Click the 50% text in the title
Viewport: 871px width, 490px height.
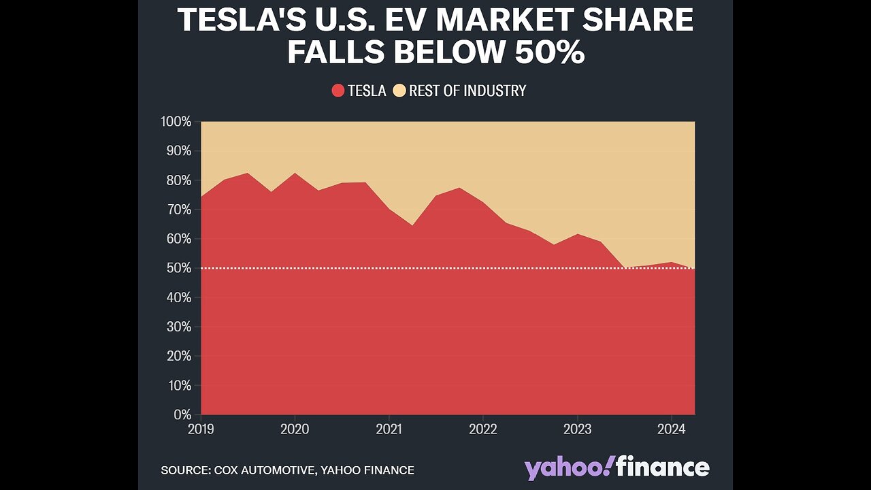point(549,52)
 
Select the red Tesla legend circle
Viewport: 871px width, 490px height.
point(338,91)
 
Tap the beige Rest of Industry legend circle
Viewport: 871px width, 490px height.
point(399,91)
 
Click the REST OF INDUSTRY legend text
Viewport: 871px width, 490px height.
point(467,91)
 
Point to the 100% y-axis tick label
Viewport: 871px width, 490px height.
point(176,122)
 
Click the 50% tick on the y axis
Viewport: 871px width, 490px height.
point(179,268)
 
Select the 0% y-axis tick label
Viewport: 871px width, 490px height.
point(182,414)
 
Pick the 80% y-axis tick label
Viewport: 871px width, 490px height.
point(179,180)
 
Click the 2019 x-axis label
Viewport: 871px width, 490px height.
point(201,429)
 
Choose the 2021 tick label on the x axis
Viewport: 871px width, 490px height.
point(389,429)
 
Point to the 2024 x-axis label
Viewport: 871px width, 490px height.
point(671,429)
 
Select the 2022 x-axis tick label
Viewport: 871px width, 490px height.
point(482,429)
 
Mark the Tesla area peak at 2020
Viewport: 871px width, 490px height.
point(295,174)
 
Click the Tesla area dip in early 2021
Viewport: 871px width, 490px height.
point(412,226)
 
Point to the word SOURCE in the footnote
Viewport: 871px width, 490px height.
point(184,470)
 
